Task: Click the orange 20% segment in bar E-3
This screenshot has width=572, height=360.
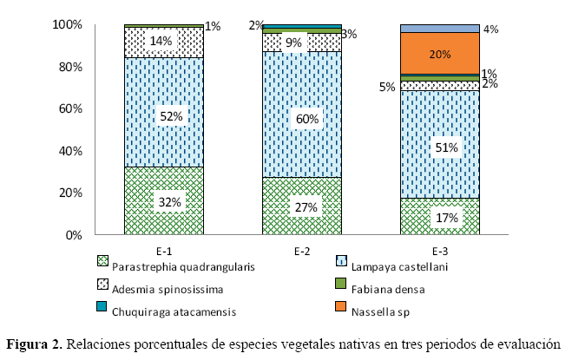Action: (x=439, y=54)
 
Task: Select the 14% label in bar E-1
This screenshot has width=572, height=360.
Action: (x=164, y=40)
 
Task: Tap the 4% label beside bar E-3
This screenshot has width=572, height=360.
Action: (x=490, y=29)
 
